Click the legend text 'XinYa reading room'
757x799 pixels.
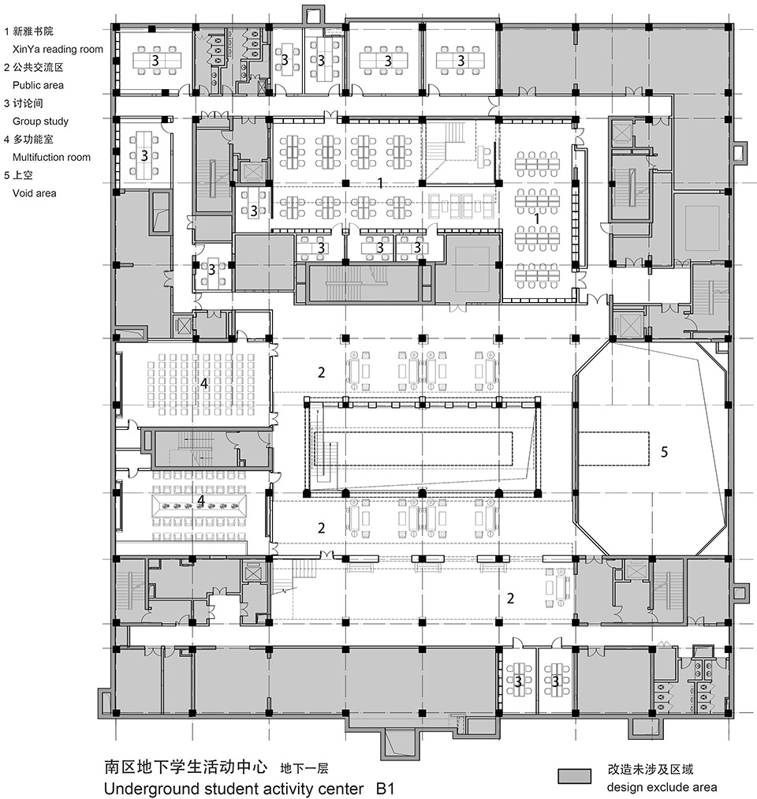[58, 50]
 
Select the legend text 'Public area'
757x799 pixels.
[38, 85]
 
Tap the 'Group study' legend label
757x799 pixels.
[40, 121]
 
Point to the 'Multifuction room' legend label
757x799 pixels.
[51, 157]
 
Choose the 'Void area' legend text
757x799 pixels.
[34, 193]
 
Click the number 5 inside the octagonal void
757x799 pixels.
[664, 452]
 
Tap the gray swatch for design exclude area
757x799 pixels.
[575, 776]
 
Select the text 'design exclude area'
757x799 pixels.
[662, 787]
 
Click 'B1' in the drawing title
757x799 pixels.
[385, 789]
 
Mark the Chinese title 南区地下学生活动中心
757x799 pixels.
[185, 767]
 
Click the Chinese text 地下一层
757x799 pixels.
[304, 768]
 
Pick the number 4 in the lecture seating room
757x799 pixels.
[204, 383]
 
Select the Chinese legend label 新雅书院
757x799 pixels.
[32, 32]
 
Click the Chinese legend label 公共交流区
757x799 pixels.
[38, 67]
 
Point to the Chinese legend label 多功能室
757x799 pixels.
[32, 139]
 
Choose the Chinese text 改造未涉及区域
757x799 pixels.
[650, 769]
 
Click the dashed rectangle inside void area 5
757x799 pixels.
[613, 449]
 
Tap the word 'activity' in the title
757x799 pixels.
[289, 789]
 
